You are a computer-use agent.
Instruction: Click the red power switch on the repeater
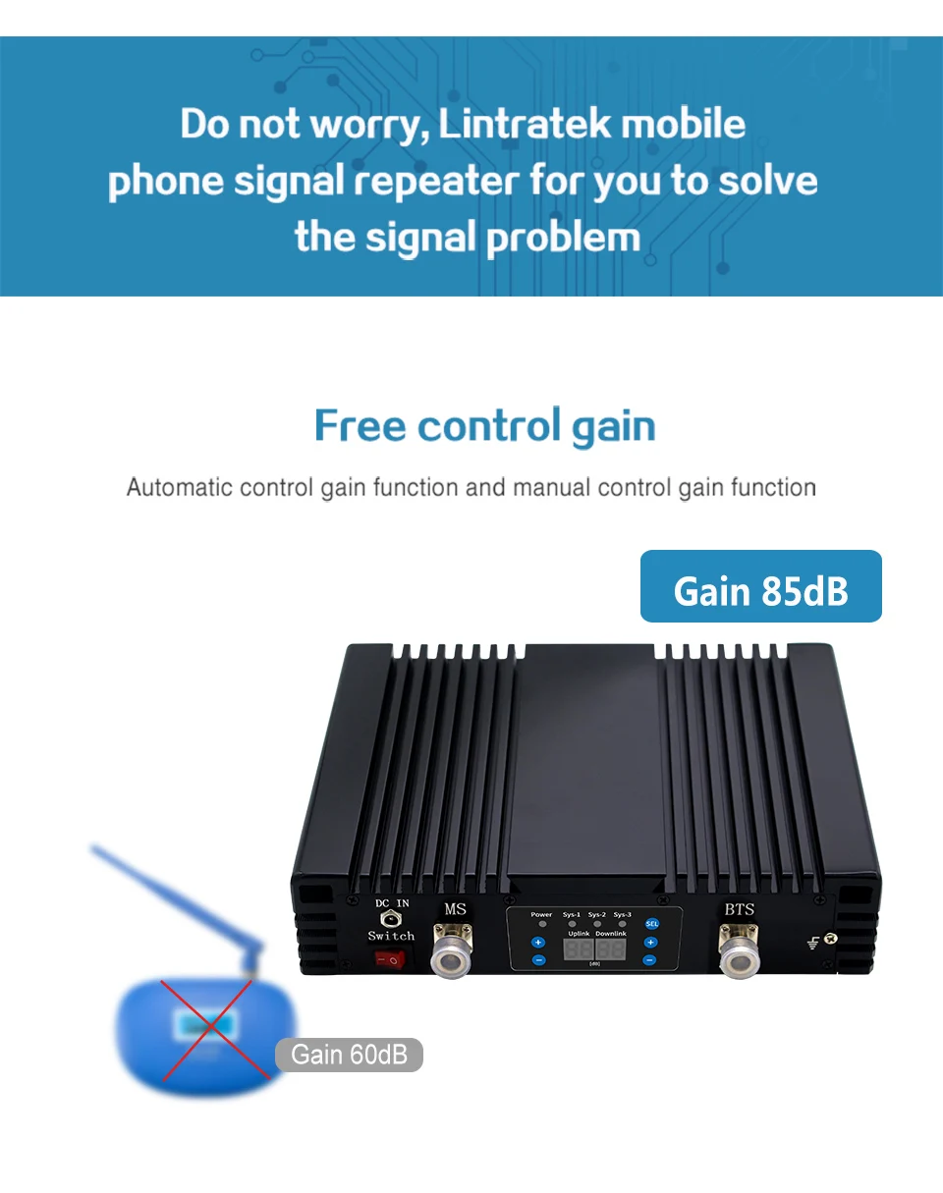click(x=391, y=959)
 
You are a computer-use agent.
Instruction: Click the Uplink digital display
click(x=579, y=950)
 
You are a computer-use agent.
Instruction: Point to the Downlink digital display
click(x=610, y=950)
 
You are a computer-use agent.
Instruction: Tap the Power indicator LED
click(x=541, y=925)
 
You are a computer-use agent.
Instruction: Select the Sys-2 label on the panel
click(x=597, y=914)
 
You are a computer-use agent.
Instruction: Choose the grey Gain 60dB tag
click(x=349, y=1055)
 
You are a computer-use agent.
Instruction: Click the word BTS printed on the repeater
click(x=739, y=909)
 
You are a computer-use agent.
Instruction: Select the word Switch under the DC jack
click(x=391, y=936)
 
